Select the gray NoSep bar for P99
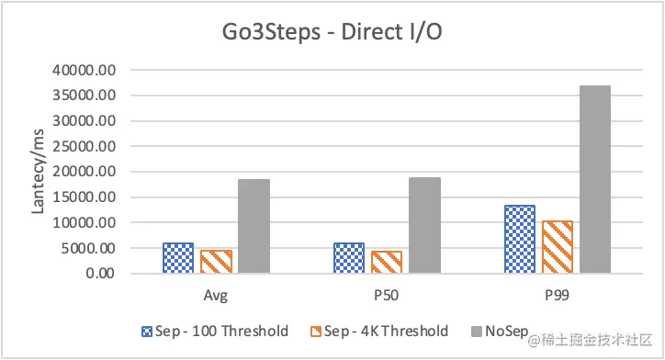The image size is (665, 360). (x=594, y=179)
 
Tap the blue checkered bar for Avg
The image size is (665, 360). (x=177, y=258)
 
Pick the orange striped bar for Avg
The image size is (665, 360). (x=216, y=262)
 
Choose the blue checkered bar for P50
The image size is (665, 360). (x=348, y=258)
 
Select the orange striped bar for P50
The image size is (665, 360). (x=387, y=262)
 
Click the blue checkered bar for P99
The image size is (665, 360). (x=519, y=239)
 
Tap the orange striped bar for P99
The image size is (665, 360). (x=557, y=247)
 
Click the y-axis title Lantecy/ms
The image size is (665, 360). (x=38, y=172)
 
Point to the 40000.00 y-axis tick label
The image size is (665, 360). (x=85, y=70)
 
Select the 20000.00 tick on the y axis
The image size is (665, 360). (x=85, y=172)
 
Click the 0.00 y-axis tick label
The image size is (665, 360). (x=98, y=274)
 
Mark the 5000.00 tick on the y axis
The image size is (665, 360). (x=88, y=248)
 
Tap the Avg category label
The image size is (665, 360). (x=216, y=298)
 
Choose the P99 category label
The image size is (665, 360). (x=557, y=298)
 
